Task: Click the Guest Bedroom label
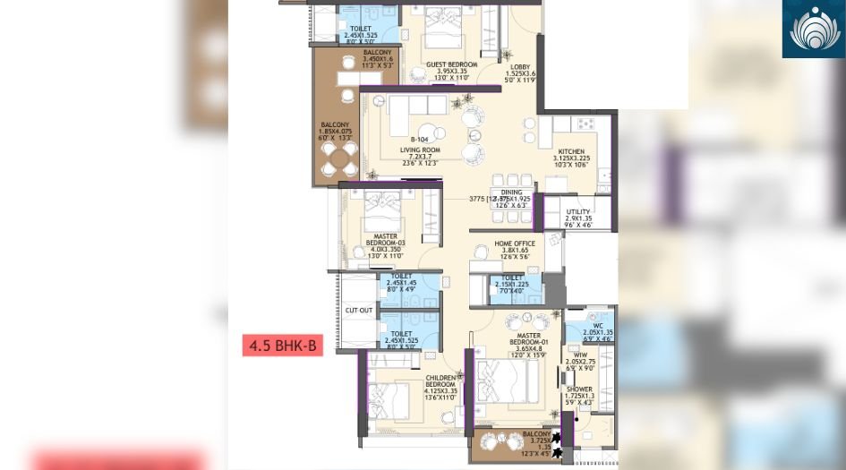[x=451, y=64]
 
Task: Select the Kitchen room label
[x=571, y=152]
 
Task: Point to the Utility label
[x=578, y=212]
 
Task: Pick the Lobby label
[x=520, y=66]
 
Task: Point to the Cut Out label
[x=359, y=311]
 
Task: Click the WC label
[x=586, y=325]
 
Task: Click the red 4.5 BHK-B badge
[x=282, y=344]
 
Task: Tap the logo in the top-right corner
[x=813, y=29]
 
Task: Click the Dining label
[x=512, y=192]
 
